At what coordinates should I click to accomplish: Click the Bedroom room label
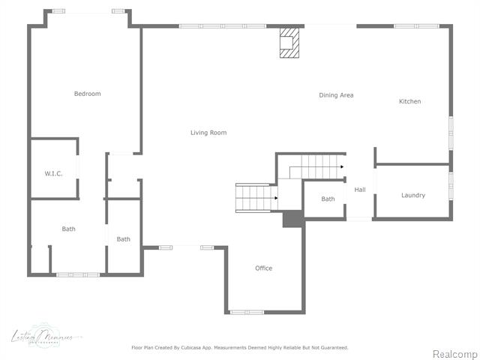[x=87, y=94]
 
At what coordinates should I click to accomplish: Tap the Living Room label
[x=208, y=133]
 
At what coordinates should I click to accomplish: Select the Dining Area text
[x=336, y=95]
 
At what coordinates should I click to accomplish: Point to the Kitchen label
[x=409, y=101]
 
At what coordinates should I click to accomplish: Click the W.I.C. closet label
[x=53, y=173]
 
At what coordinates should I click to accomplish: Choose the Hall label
[x=360, y=190]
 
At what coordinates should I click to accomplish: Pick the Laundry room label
[x=412, y=195]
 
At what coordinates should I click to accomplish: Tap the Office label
[x=263, y=268]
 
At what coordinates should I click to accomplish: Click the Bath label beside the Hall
[x=328, y=199]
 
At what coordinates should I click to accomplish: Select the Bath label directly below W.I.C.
[x=68, y=229]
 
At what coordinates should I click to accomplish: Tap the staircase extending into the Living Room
[x=256, y=198]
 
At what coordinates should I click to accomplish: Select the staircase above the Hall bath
[x=315, y=166]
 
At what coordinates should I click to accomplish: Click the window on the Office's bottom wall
[x=247, y=311]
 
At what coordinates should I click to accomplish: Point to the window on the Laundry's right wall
[x=451, y=186]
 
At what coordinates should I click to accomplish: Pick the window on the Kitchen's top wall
[x=415, y=26]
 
